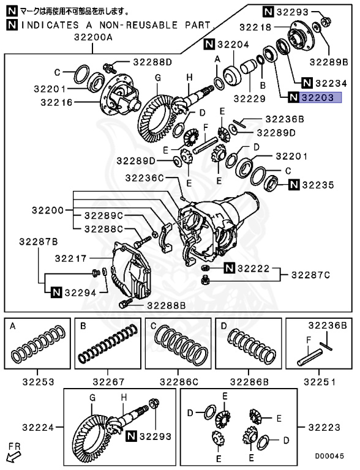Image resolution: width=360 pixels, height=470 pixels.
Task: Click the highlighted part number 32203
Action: [x=320, y=97]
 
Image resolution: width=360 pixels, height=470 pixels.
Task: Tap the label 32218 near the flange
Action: [x=255, y=27]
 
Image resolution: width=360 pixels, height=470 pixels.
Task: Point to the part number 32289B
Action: [x=328, y=62]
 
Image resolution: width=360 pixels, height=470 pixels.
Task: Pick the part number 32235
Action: [x=321, y=184]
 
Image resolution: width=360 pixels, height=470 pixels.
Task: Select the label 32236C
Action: [x=144, y=177]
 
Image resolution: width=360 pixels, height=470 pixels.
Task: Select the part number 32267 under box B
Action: [x=108, y=382]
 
